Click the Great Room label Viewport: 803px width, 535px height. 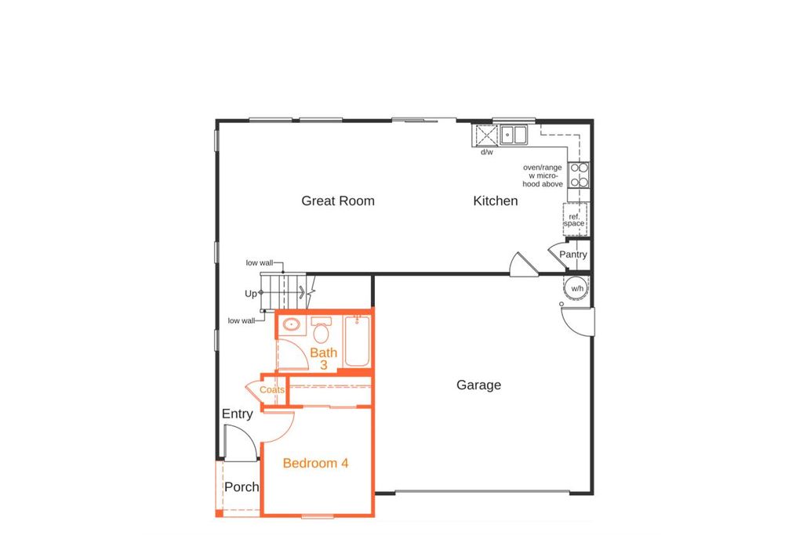click(338, 201)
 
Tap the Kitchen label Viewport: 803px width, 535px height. click(496, 201)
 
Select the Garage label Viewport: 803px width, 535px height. click(478, 385)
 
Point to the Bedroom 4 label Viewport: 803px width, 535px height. click(315, 463)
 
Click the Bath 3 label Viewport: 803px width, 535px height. click(323, 359)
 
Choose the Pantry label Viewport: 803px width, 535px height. click(572, 255)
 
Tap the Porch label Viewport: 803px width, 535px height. click(242, 487)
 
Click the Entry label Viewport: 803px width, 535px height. click(237, 414)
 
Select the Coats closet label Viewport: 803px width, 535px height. click(272, 390)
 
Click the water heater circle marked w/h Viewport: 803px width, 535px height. click(577, 288)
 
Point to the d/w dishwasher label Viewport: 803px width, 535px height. click(486, 152)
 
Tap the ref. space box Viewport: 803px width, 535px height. click(574, 219)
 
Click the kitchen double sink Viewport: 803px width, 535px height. click(514, 136)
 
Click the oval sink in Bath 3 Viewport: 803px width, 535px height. click(292, 324)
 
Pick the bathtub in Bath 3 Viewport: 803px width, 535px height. click(357, 342)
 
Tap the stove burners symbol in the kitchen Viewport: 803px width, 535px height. click(579, 175)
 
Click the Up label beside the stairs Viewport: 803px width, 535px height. click(251, 294)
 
